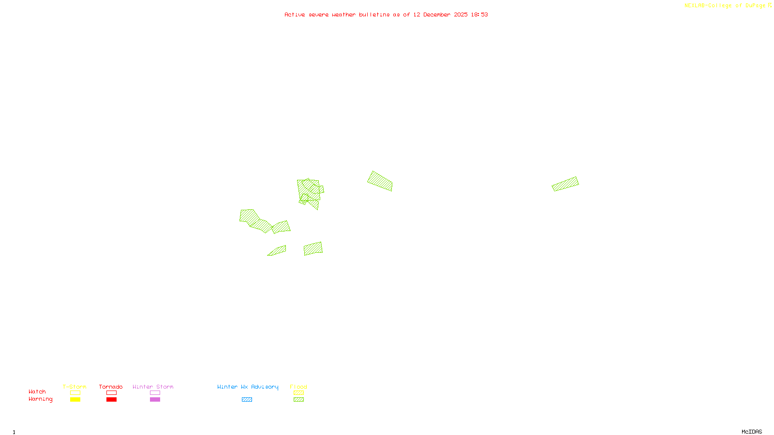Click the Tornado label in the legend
click(111, 387)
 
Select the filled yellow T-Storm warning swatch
click(75, 400)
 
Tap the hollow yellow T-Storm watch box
click(75, 393)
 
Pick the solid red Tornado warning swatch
click(111, 400)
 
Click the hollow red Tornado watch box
click(111, 393)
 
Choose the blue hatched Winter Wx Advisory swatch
click(247, 400)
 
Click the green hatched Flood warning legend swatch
click(298, 400)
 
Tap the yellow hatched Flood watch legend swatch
click(298, 393)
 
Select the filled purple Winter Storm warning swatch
click(155, 400)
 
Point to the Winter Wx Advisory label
click(248, 387)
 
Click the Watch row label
click(37, 392)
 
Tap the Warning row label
click(41, 399)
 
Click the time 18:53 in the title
click(479, 14)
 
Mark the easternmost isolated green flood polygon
click(566, 184)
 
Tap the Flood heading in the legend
click(298, 387)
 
